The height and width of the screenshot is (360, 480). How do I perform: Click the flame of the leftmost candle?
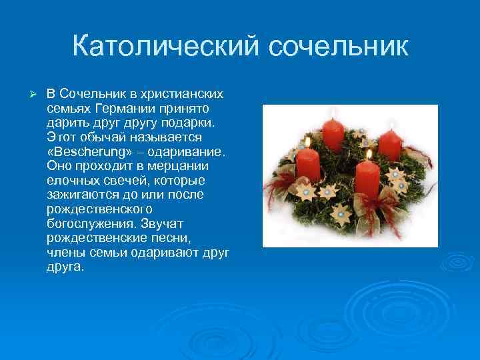307,141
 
